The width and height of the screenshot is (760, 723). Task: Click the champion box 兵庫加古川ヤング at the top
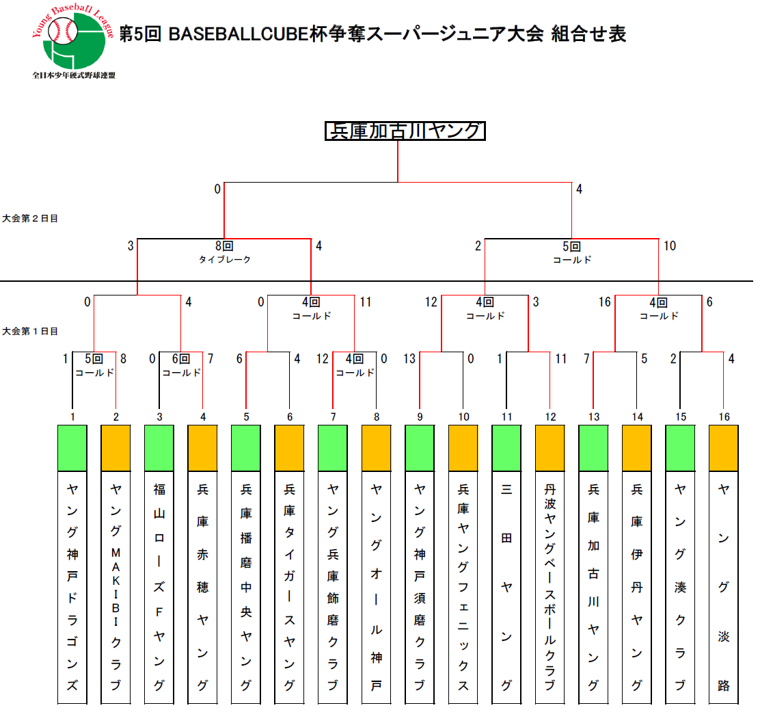[405, 131]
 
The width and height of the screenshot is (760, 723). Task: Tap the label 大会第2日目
[29, 218]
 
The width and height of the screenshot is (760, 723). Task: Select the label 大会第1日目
[29, 331]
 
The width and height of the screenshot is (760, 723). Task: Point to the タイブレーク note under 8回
[225, 260]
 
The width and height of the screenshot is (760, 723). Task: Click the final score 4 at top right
[579, 189]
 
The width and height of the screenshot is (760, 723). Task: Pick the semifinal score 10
[670, 246]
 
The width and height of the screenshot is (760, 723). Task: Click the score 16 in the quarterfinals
[604, 302]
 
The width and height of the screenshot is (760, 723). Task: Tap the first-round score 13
[409, 358]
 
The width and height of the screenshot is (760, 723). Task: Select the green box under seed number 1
[72, 448]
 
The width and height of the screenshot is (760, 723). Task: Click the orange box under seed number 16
[723, 448]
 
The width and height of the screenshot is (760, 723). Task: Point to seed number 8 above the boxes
[376, 417]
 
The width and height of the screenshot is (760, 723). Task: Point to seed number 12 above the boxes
[550, 417]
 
